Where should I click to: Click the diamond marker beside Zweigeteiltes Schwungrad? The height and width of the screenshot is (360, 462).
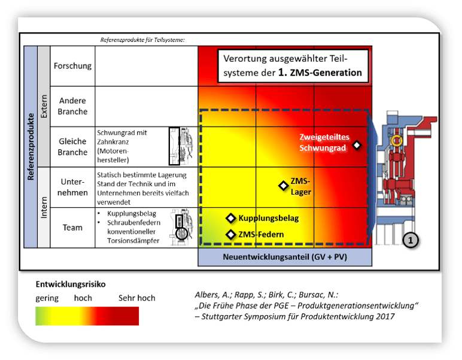(x=357, y=145)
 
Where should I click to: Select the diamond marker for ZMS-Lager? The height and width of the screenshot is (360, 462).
(x=283, y=186)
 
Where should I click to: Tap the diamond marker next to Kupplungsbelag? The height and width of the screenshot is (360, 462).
(x=230, y=218)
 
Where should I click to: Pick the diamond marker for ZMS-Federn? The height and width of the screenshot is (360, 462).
(x=230, y=234)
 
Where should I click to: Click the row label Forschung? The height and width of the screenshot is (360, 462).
(x=72, y=66)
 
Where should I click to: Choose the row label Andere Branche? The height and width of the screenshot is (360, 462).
(x=72, y=106)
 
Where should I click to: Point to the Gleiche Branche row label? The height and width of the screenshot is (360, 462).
(x=72, y=147)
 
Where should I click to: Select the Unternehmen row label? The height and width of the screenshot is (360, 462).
(x=72, y=186)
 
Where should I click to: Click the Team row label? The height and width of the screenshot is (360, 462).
(x=72, y=228)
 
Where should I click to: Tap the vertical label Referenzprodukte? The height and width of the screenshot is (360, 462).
(x=30, y=147)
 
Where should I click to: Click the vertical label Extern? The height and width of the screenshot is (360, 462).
(x=44, y=107)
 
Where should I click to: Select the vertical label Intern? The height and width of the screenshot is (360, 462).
(x=44, y=207)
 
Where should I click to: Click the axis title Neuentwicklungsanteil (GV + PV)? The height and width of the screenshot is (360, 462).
(x=285, y=257)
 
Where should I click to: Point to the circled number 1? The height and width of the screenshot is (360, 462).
(x=410, y=240)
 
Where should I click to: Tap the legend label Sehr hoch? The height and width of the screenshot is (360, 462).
(x=136, y=298)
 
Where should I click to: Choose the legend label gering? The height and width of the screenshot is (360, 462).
(x=47, y=298)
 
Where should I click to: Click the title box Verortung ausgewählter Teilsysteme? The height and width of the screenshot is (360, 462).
(x=292, y=66)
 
